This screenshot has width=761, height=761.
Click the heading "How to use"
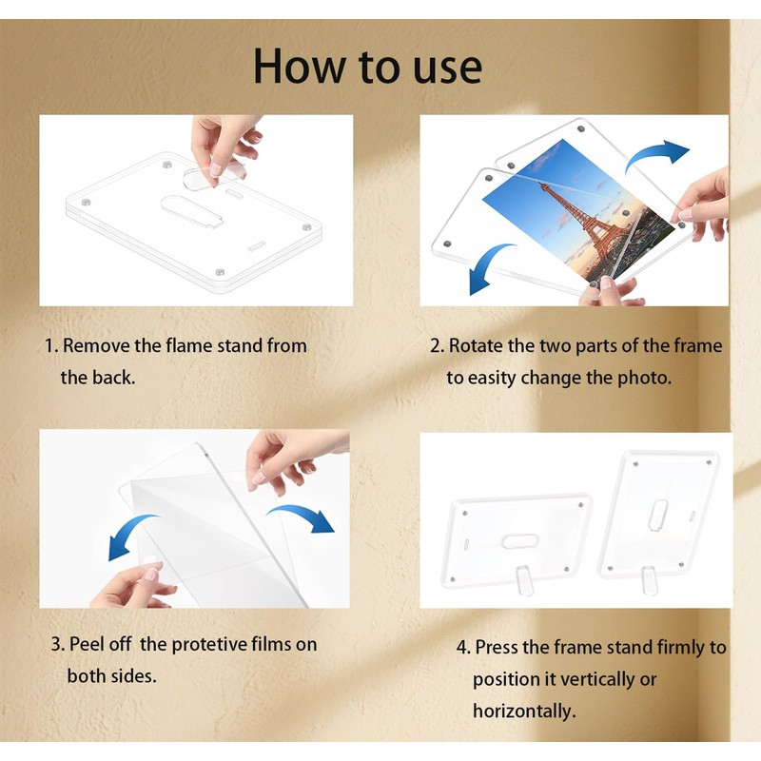point(367,66)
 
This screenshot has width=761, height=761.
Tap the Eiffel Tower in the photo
point(590,219)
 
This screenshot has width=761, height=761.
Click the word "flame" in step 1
point(189,345)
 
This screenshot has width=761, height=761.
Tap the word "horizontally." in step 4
point(524,711)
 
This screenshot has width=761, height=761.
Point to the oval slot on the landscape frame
point(520,541)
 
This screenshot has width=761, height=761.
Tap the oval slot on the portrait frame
point(657,516)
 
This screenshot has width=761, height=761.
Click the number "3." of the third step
point(58,645)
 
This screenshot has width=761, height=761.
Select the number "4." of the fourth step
point(463,648)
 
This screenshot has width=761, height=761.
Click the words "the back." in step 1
point(98,378)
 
